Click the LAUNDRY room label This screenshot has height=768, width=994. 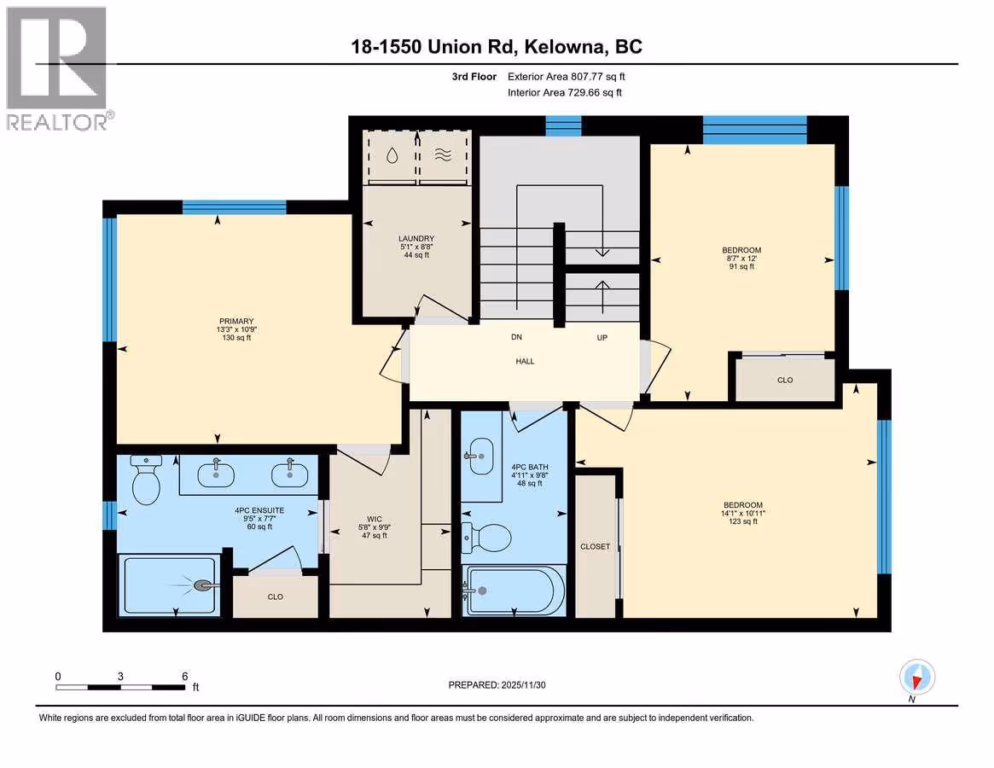tap(416, 238)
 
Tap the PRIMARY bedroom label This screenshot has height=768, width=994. tap(236, 321)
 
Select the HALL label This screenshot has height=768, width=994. tap(525, 361)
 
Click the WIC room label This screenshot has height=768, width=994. tap(375, 519)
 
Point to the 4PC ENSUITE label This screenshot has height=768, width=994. tap(259, 510)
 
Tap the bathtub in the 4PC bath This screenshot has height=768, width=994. tap(515, 591)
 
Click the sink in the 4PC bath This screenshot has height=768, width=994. tap(480, 456)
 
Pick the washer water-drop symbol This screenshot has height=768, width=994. tap(392, 155)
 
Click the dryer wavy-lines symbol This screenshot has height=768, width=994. tap(443, 154)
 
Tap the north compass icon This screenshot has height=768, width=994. tap(916, 678)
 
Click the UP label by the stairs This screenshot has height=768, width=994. tap(602, 337)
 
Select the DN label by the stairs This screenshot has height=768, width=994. tap(517, 337)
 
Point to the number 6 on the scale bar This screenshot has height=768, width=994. tap(185, 676)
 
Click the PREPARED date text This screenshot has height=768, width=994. tap(497, 685)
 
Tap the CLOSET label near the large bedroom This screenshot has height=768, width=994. tap(596, 546)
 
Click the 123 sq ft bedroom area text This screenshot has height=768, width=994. tap(743, 521)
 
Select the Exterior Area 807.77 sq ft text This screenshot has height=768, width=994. tap(566, 76)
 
